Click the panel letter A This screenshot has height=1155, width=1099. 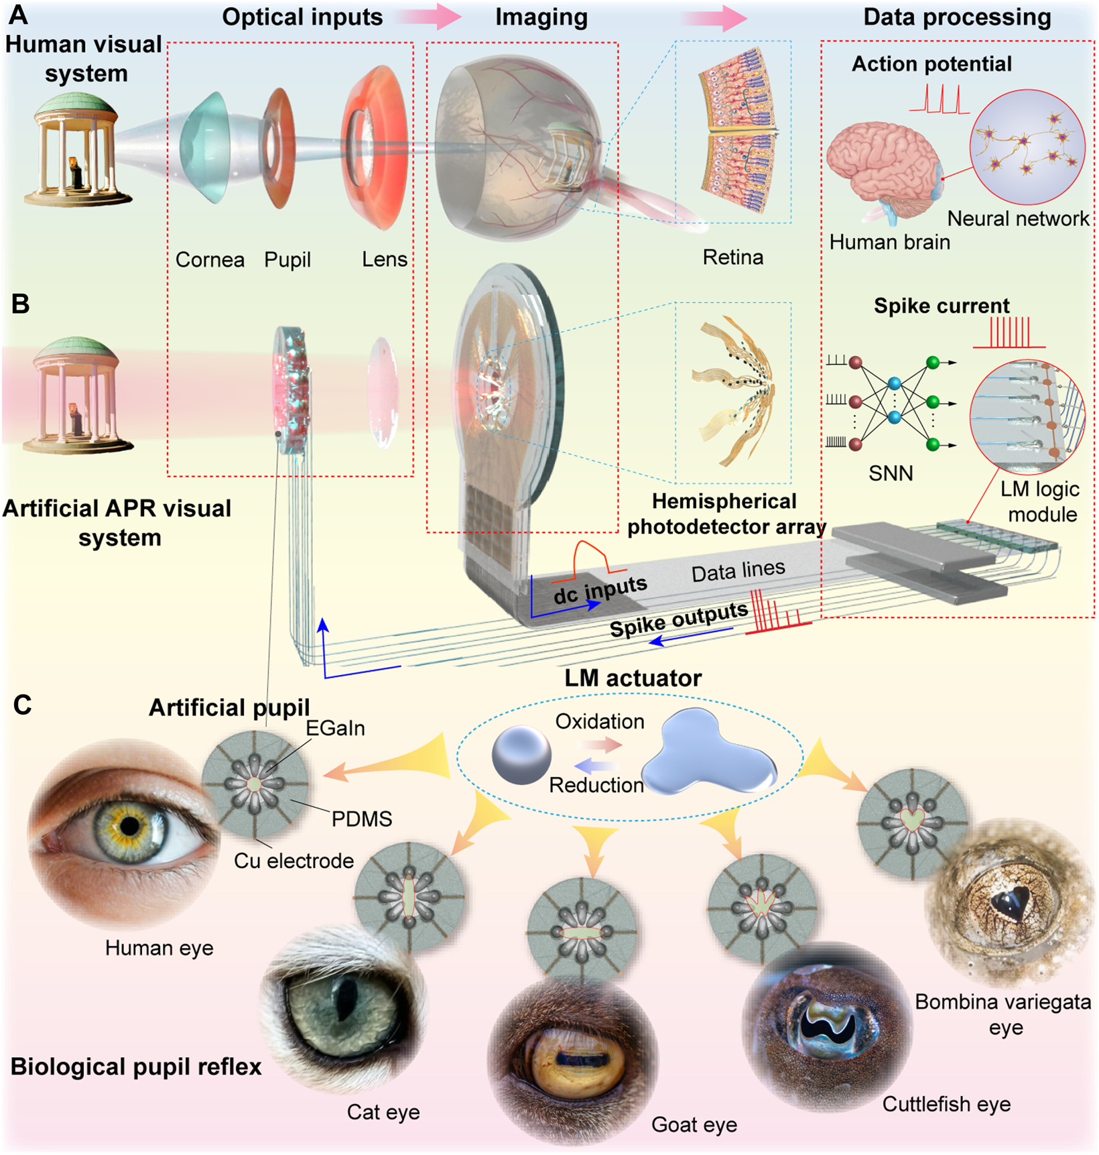(x=19, y=14)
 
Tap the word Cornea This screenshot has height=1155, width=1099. (x=210, y=259)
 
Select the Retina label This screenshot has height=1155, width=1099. (x=732, y=257)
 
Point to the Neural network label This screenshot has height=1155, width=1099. (x=1018, y=219)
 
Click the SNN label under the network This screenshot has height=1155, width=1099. (x=891, y=473)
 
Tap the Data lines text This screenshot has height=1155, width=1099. (x=738, y=571)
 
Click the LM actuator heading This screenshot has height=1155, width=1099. (x=633, y=678)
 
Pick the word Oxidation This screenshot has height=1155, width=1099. (x=600, y=721)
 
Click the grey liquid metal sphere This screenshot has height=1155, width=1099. (x=521, y=755)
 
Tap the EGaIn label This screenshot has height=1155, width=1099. (x=335, y=728)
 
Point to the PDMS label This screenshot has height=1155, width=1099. (x=362, y=818)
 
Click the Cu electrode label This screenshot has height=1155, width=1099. (x=294, y=861)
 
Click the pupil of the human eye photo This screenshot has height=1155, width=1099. (x=129, y=827)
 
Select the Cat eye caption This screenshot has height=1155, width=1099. (x=383, y=1112)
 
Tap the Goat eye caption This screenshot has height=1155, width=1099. (x=694, y=1124)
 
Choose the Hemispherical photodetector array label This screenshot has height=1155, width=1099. (x=725, y=514)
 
